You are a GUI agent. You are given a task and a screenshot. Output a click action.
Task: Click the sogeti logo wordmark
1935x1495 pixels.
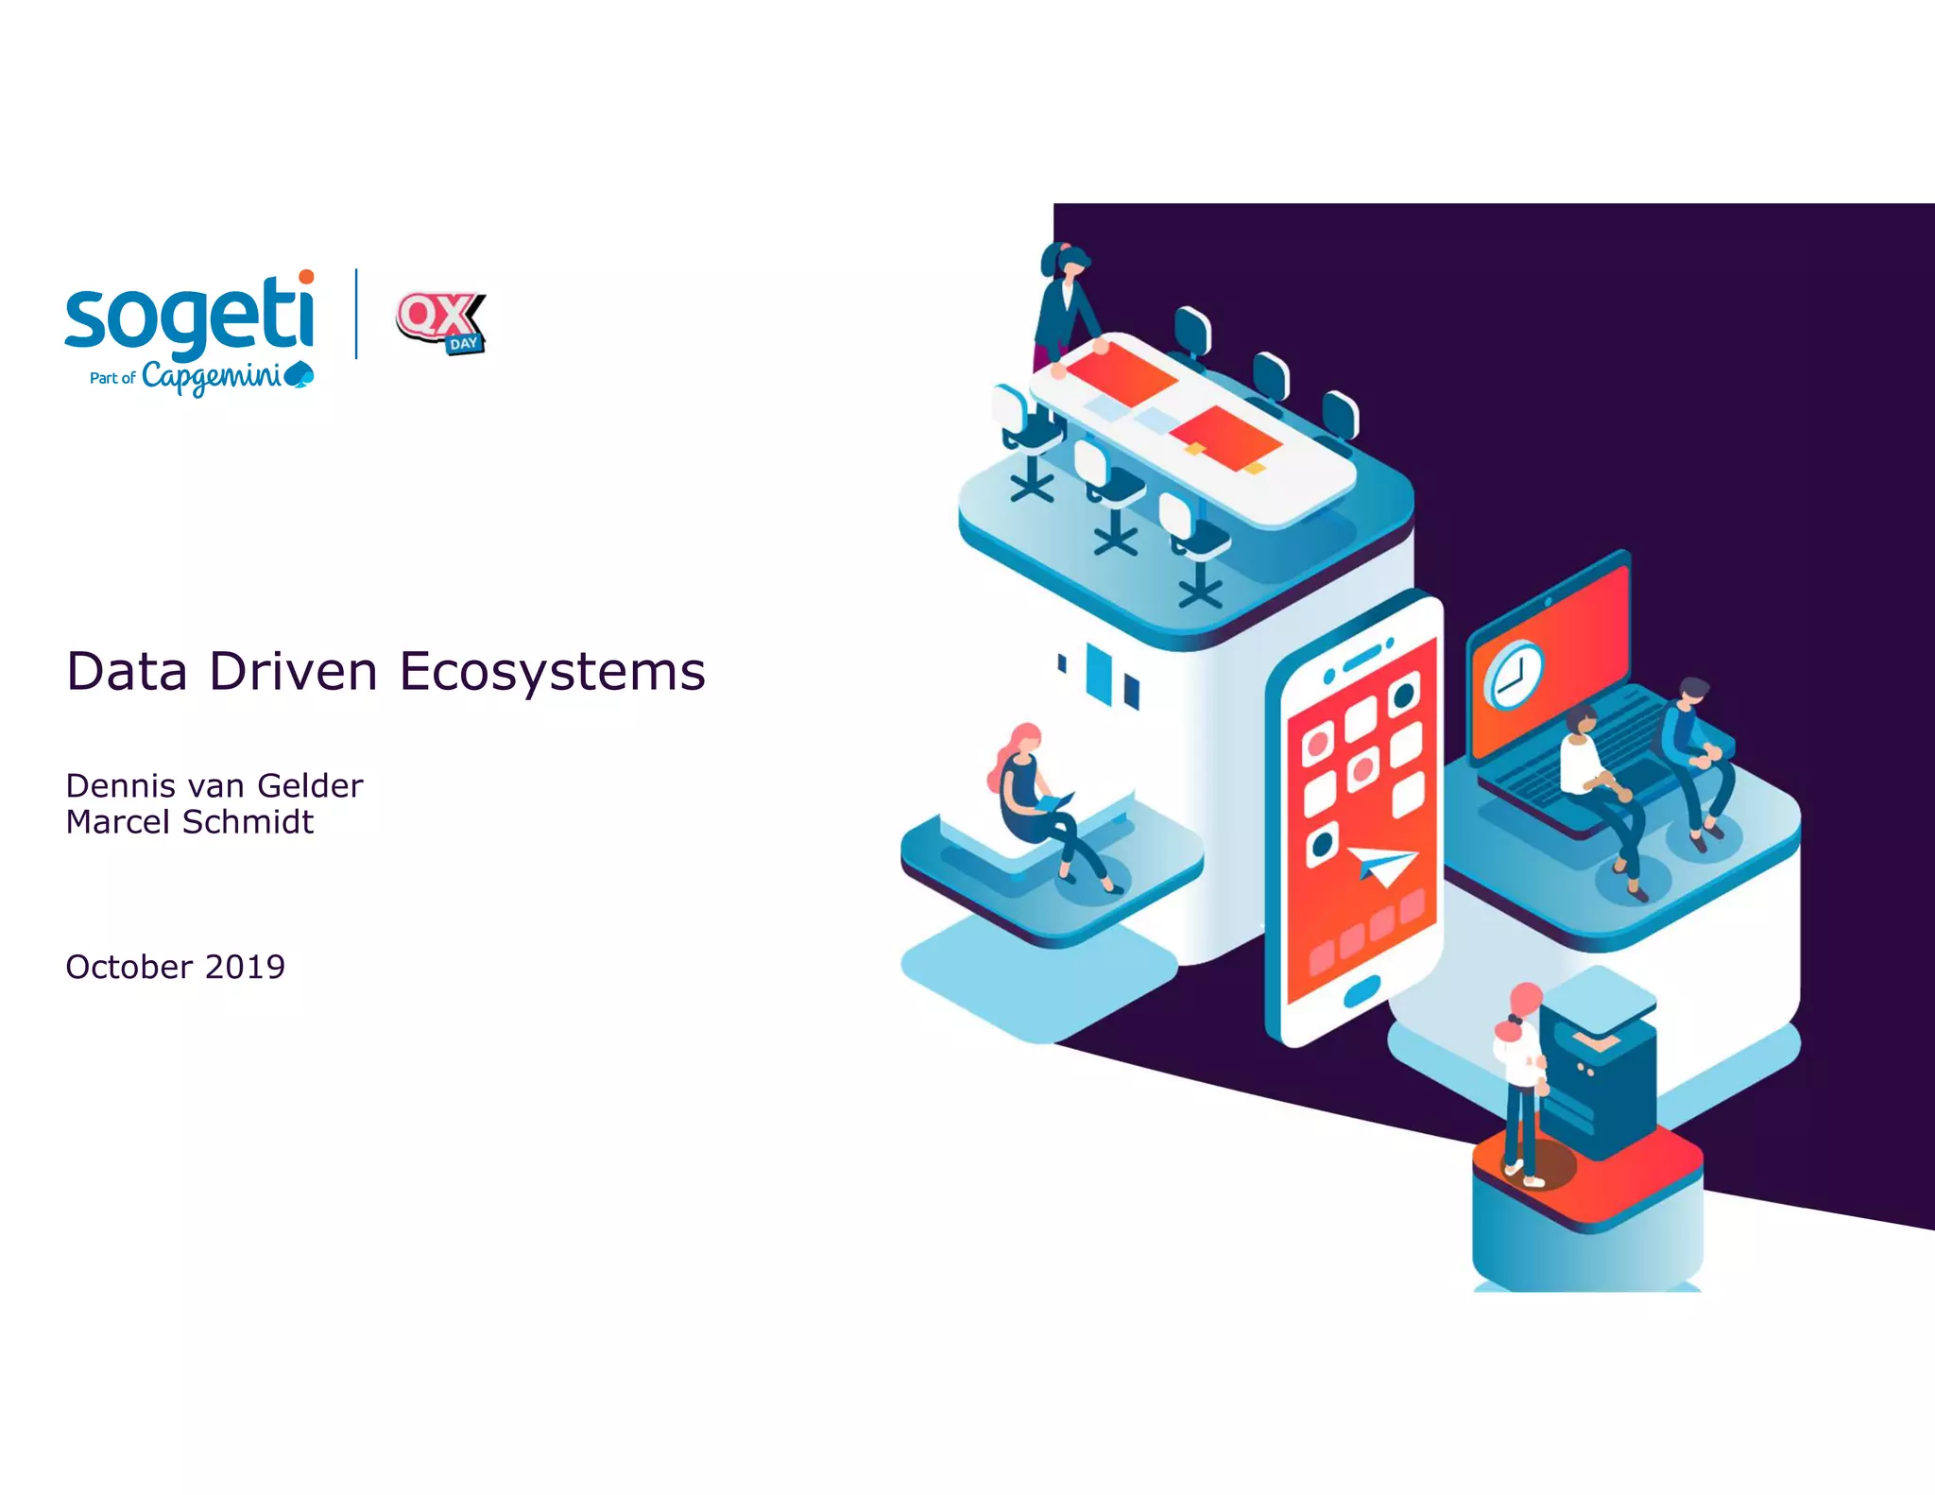[x=189, y=315]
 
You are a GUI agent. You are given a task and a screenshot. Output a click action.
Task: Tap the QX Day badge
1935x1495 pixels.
[x=440, y=321]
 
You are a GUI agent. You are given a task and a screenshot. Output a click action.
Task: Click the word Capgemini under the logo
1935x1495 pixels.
[x=212, y=377]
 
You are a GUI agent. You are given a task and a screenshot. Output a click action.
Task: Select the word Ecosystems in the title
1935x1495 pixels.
[x=552, y=672]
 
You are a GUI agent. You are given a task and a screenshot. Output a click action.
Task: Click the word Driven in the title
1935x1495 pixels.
[x=293, y=672]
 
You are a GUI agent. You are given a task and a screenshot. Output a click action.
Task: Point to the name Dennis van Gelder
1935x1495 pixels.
[x=214, y=785]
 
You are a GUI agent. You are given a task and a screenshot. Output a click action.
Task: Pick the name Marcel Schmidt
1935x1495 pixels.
[x=189, y=822]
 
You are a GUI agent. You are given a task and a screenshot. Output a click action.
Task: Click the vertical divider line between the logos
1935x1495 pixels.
[x=356, y=314]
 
